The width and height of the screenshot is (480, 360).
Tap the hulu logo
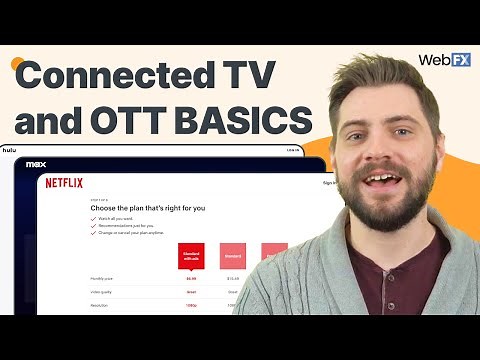(10, 150)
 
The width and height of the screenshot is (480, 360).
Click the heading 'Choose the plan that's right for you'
(119, 207)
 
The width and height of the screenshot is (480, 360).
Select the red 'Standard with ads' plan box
(191, 256)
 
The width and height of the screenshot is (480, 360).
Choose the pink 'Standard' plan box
(233, 256)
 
